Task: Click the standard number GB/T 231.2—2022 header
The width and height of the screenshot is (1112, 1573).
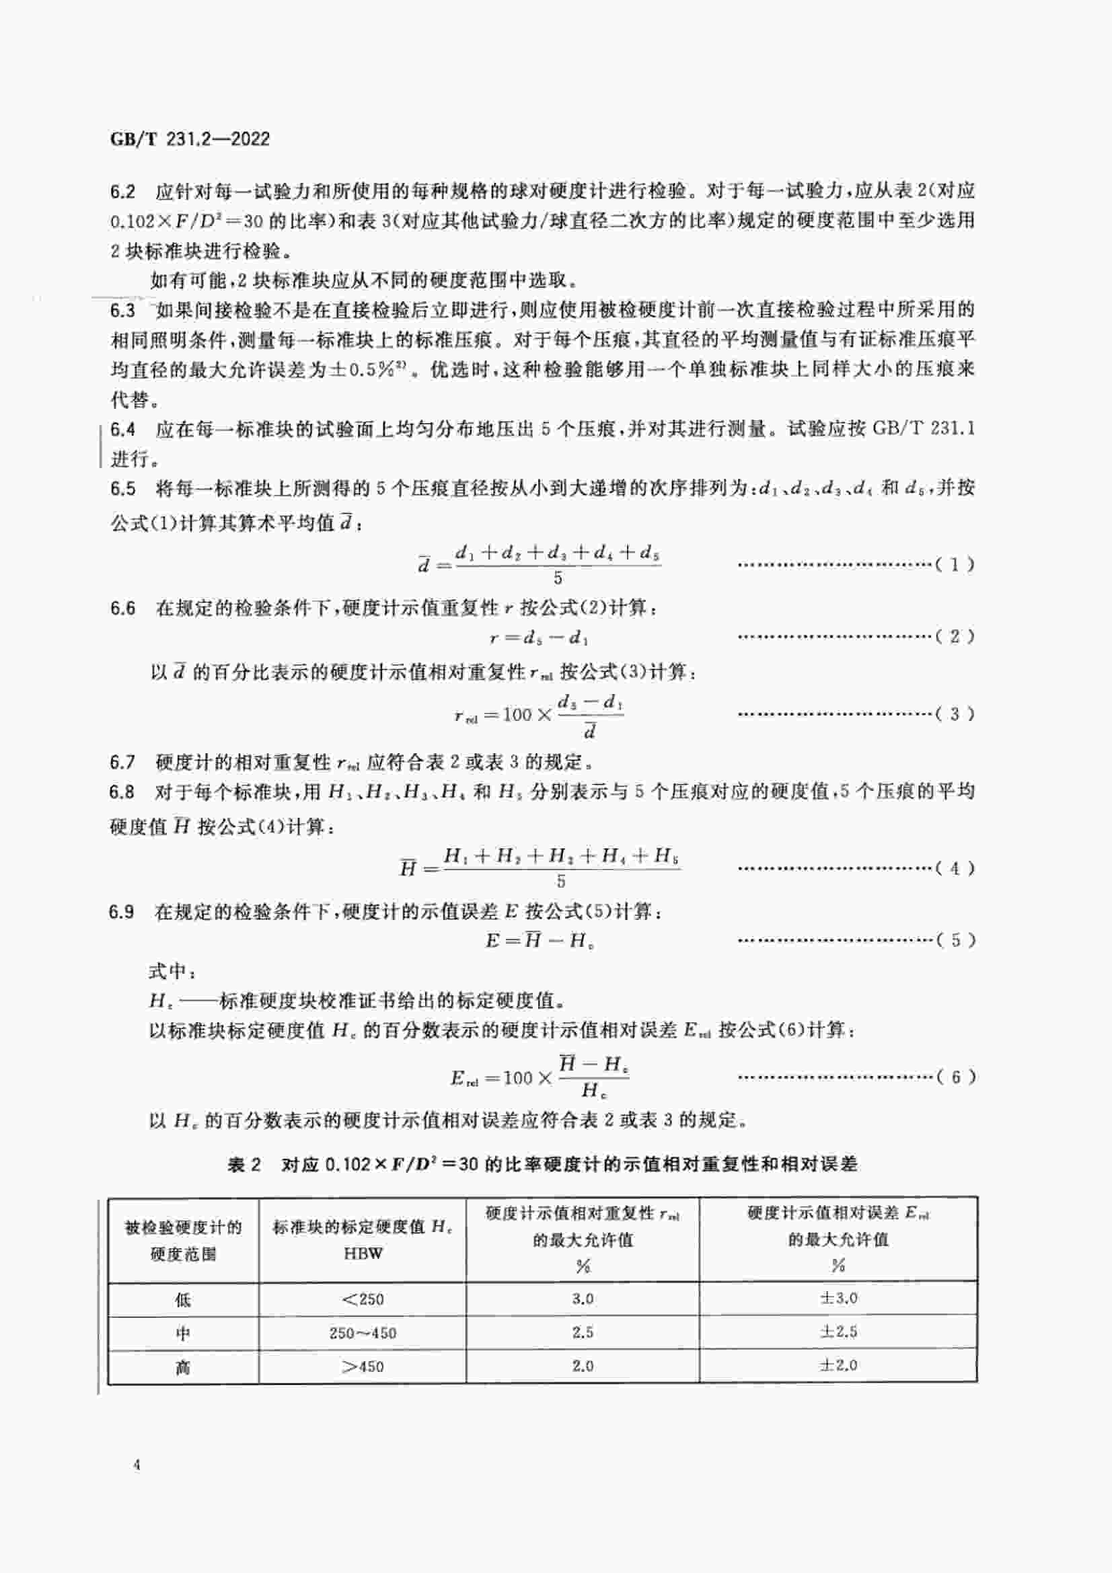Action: pyautogui.click(x=190, y=139)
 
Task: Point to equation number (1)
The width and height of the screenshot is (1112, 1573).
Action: pyautogui.click(x=955, y=565)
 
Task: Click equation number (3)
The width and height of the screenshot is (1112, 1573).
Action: pyautogui.click(x=955, y=714)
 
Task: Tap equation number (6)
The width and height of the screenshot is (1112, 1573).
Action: pyautogui.click(x=955, y=1077)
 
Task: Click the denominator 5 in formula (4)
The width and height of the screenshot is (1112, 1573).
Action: pyautogui.click(x=560, y=882)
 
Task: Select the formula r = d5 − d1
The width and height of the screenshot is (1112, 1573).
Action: pyautogui.click(x=540, y=638)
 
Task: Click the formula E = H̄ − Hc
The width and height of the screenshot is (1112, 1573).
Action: pyautogui.click(x=540, y=941)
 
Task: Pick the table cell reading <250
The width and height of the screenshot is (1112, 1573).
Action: pyautogui.click(x=363, y=1299)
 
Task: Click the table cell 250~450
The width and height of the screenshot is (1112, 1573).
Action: pyautogui.click(x=363, y=1332)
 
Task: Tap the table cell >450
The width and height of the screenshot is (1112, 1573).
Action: pyautogui.click(x=363, y=1366)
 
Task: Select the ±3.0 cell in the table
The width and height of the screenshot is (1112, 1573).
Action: pyautogui.click(x=838, y=1298)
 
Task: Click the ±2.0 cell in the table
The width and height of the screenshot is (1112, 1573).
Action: pyautogui.click(x=838, y=1365)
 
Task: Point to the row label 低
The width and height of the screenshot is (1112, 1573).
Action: pyautogui.click(x=183, y=1299)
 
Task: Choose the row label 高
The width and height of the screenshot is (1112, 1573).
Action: pyautogui.click(x=183, y=1367)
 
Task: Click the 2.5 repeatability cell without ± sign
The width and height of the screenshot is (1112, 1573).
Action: pyautogui.click(x=583, y=1332)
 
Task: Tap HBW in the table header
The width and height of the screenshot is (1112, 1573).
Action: pyautogui.click(x=363, y=1253)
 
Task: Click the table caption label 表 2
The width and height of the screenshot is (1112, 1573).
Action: pyautogui.click(x=245, y=1164)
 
